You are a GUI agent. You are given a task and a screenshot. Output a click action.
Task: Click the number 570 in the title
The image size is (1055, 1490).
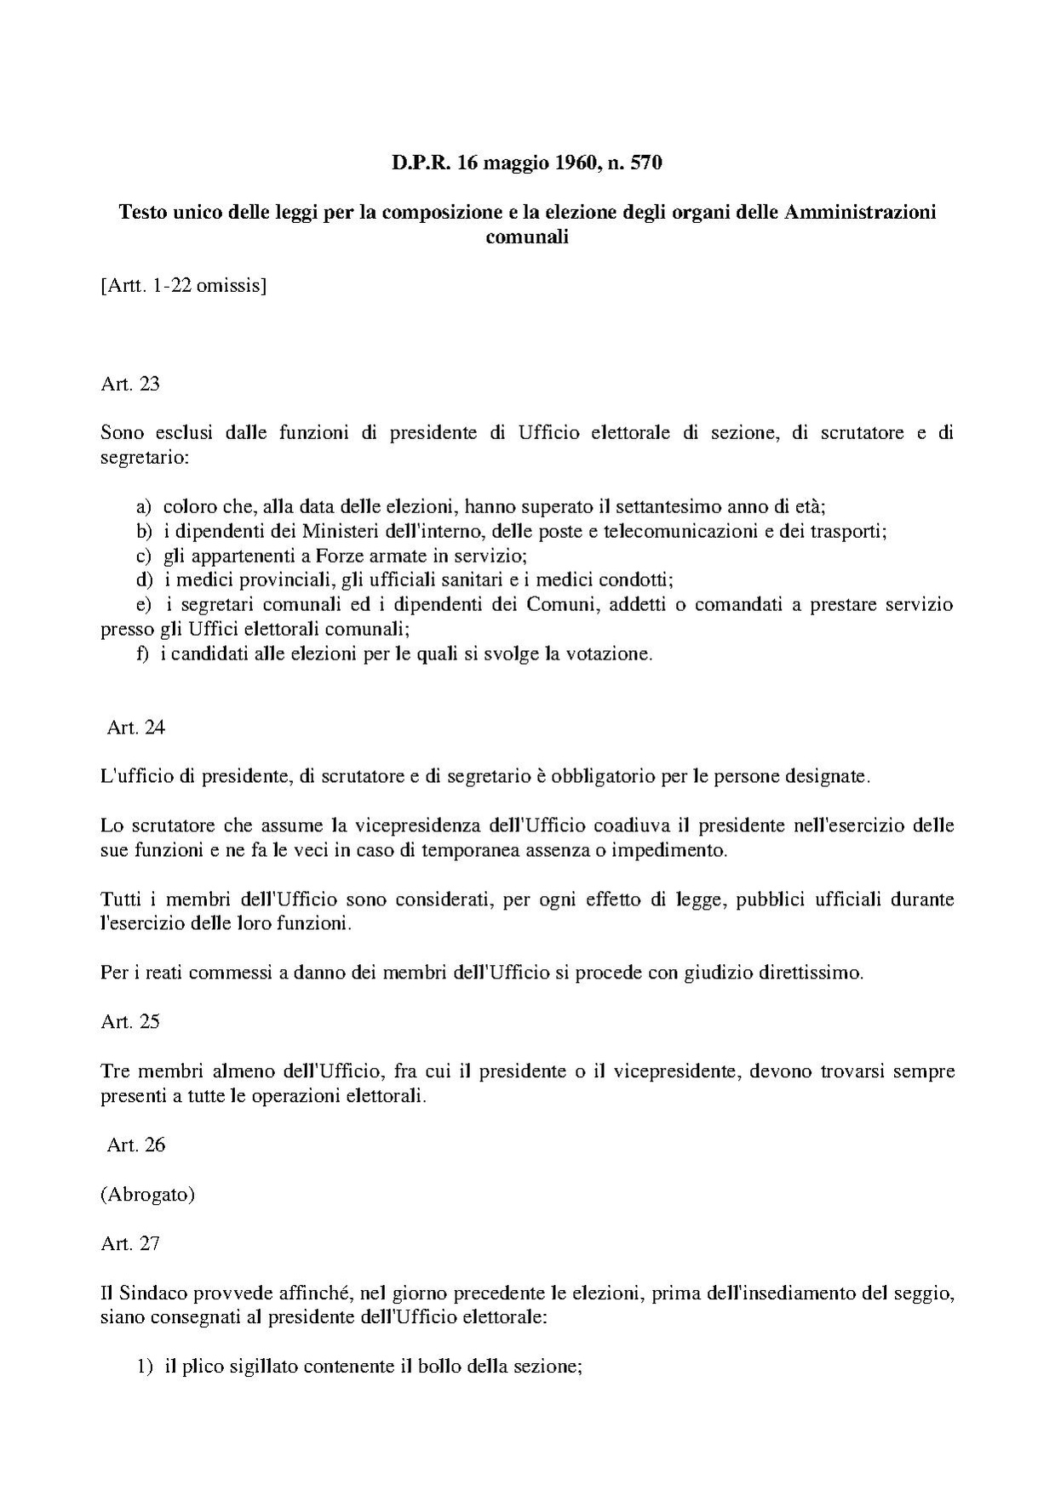[x=645, y=163]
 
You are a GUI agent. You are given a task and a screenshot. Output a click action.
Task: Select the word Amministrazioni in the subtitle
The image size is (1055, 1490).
[x=859, y=212]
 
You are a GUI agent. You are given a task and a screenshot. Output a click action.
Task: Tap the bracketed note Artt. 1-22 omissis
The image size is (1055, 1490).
[x=184, y=286]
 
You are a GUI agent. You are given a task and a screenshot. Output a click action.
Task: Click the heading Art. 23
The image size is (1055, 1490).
[x=130, y=384]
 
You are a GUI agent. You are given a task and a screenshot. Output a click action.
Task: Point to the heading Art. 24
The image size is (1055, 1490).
[x=136, y=728]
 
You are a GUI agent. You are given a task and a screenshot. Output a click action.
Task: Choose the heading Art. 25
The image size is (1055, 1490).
[x=130, y=1021]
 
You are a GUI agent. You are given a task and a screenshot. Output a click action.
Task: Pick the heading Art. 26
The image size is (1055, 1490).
[x=136, y=1145]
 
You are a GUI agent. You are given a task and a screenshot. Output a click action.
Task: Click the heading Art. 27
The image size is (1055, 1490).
[x=130, y=1243]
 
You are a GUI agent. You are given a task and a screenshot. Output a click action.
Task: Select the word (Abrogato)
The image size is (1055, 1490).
[x=148, y=1194]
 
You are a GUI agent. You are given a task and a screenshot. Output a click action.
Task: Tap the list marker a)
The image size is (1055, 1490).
[x=144, y=507]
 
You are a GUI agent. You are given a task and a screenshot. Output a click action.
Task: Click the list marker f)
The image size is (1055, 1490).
[x=142, y=654]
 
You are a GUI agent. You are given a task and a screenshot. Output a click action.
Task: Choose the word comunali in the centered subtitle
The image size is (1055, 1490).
[x=526, y=237]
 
